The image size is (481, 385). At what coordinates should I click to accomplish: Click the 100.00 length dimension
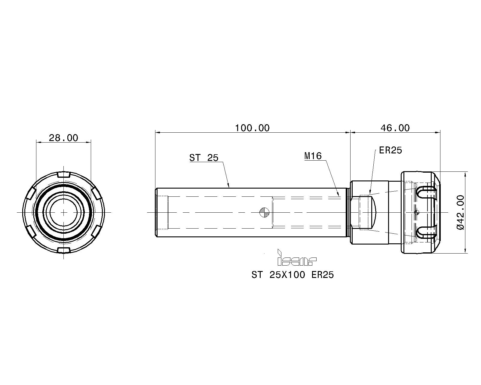(x=252, y=128)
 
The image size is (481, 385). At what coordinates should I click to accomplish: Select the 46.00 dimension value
(x=395, y=128)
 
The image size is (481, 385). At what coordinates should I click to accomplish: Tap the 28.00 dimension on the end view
(x=63, y=138)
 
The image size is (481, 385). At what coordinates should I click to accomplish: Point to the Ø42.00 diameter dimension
(x=461, y=212)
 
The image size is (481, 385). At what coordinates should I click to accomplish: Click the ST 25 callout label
(x=204, y=158)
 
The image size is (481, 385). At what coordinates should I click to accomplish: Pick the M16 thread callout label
(x=313, y=156)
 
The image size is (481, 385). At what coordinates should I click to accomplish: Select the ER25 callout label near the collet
(x=391, y=150)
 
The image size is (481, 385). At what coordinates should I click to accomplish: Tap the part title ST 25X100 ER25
(x=293, y=275)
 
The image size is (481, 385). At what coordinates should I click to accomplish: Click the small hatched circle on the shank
(x=265, y=212)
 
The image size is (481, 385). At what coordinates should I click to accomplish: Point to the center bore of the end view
(x=64, y=212)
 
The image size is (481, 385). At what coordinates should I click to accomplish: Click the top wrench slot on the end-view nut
(x=64, y=175)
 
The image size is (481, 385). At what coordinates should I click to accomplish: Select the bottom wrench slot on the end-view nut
(x=64, y=250)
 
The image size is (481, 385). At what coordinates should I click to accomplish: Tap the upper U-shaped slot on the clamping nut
(x=427, y=192)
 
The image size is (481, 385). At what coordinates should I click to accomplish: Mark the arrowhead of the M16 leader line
(x=339, y=195)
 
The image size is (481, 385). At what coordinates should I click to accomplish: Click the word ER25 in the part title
(x=323, y=275)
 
